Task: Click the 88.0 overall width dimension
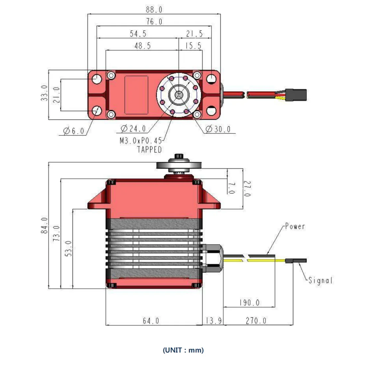pyautogui.click(x=154, y=10)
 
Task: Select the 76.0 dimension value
pyautogui.click(x=154, y=22)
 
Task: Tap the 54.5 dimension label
pyautogui.click(x=138, y=34)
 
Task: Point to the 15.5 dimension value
pyautogui.click(x=193, y=46)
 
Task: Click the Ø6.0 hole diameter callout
pyautogui.click(x=73, y=131)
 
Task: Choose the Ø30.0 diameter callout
pyautogui.click(x=218, y=129)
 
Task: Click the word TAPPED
pyautogui.click(x=150, y=150)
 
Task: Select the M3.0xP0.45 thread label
pyautogui.click(x=141, y=140)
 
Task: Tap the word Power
pyautogui.click(x=295, y=226)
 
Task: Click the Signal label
pyautogui.click(x=321, y=280)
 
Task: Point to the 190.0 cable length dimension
pyautogui.click(x=249, y=302)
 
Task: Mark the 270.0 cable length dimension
pyautogui.click(x=256, y=321)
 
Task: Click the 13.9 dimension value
pyautogui.click(x=214, y=321)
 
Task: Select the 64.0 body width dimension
pyautogui.click(x=151, y=321)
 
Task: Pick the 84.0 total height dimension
pyautogui.click(x=44, y=226)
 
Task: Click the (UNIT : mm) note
pyautogui.click(x=183, y=350)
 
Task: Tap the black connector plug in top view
pyautogui.click(x=296, y=95)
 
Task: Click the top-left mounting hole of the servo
pyautogui.click(x=97, y=79)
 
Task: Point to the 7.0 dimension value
pyautogui.click(x=231, y=188)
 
